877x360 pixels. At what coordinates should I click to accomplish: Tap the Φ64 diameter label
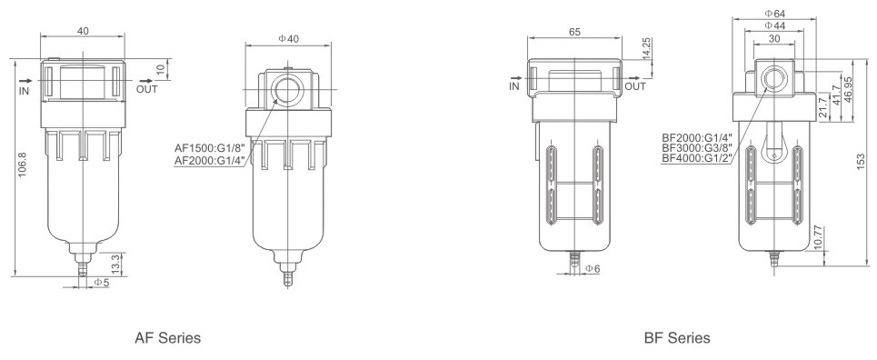pyautogui.click(x=774, y=13)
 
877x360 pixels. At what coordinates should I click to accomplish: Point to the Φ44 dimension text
pyautogui.click(x=774, y=25)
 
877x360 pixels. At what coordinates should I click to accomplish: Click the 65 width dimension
pyautogui.click(x=574, y=32)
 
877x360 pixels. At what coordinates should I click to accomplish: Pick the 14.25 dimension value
pyautogui.click(x=646, y=49)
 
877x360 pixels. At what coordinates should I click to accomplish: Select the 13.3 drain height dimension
pyautogui.click(x=115, y=264)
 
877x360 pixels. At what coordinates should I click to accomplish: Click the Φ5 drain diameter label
pyautogui.click(x=102, y=283)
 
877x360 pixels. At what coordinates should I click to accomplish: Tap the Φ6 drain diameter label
pyautogui.click(x=593, y=269)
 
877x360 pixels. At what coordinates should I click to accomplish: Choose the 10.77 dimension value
pyautogui.click(x=818, y=238)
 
